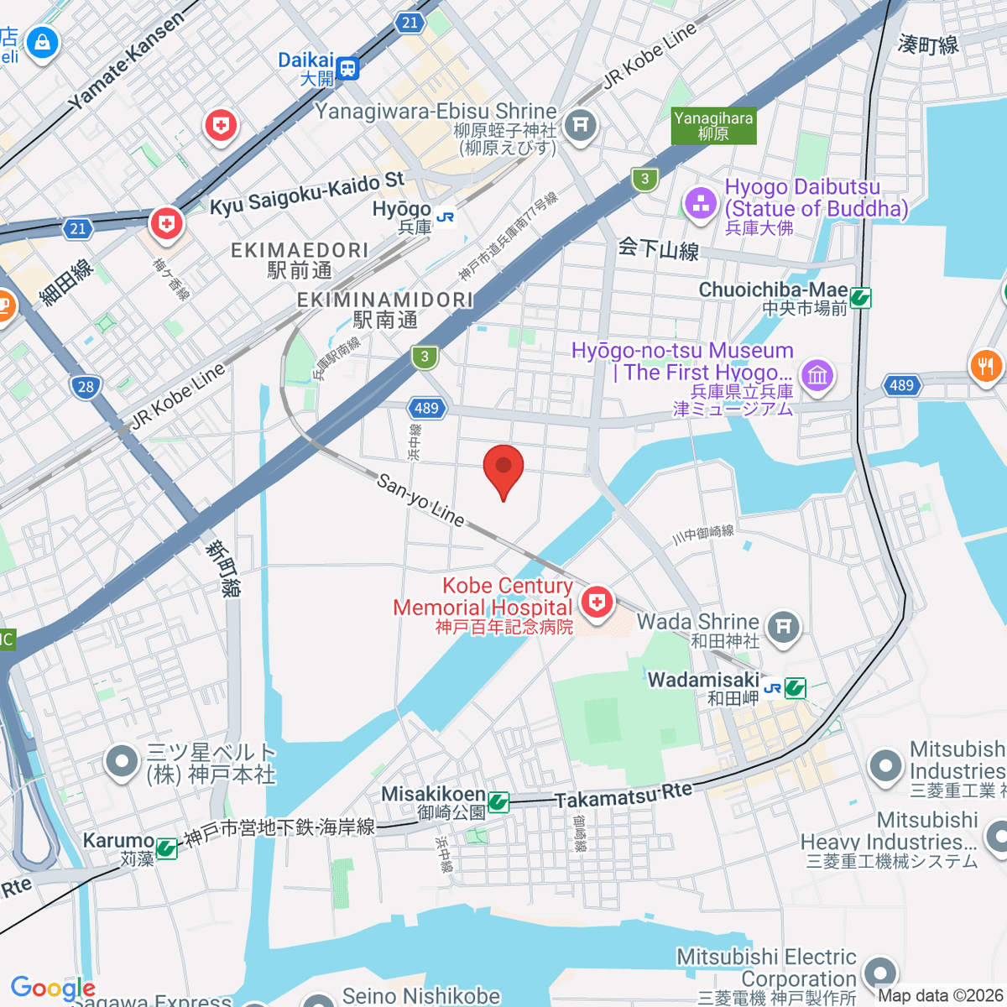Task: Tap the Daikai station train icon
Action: pos(347,68)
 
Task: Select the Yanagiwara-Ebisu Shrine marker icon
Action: pos(580,125)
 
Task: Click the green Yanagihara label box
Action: pos(713,126)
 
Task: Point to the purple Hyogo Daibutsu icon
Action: pos(700,202)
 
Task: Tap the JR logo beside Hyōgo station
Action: pos(445,217)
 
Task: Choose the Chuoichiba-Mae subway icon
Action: pos(860,297)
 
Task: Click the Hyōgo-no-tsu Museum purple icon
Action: pos(817,374)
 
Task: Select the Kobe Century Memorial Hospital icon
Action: pos(597,602)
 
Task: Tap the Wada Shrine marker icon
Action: pos(783,625)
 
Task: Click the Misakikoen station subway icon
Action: pos(498,802)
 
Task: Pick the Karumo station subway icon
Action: pos(166,848)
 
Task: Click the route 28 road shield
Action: pos(86,387)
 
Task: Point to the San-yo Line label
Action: pos(420,500)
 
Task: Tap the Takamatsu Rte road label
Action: pos(624,796)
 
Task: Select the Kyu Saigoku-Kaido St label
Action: pos(307,194)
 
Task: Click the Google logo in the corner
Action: pos(53,988)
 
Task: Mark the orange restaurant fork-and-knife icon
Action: pos(985,366)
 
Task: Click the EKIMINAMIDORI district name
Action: pos(385,300)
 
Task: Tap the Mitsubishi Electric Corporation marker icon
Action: pos(879,973)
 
